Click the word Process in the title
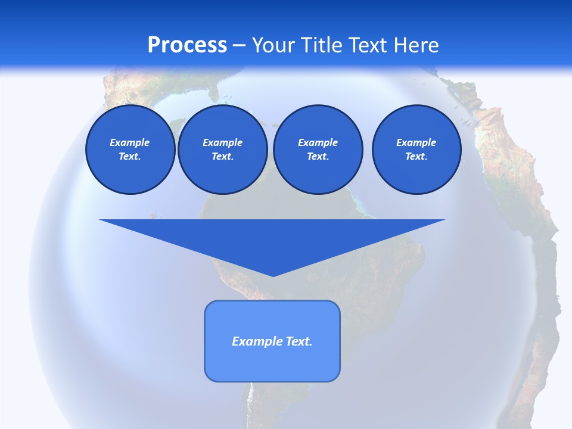coord(187,45)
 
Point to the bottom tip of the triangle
coord(273,275)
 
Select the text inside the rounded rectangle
coord(272,341)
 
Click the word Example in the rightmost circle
coord(416,142)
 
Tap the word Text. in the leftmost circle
coord(130,156)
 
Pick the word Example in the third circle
coord(318,142)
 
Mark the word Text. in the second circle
coord(222,156)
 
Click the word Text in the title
coord(368,45)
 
